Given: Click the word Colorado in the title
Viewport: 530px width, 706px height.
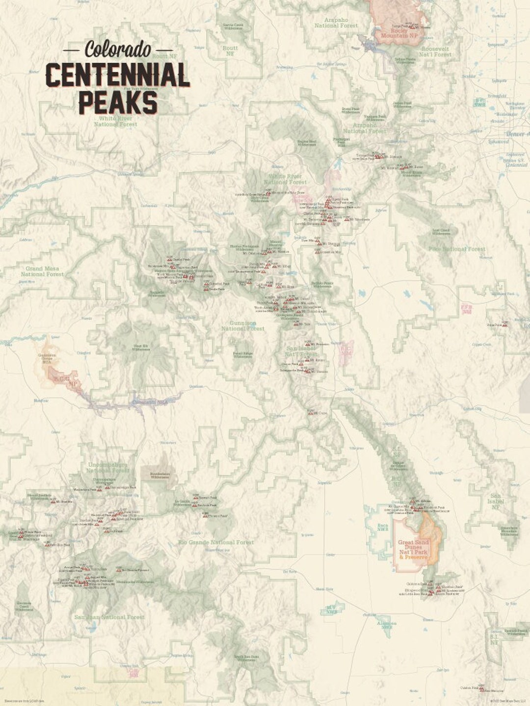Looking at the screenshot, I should [118, 50].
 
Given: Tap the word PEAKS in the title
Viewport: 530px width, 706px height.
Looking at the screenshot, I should [118, 102].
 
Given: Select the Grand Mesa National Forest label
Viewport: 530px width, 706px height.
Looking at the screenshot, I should [42, 272].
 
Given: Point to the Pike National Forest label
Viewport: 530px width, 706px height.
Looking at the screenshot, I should [457, 249].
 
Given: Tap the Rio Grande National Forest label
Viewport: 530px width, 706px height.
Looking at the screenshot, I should [216, 543].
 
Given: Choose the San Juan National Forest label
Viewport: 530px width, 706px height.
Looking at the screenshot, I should [109, 617].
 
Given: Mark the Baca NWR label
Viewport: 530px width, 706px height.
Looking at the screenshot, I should [383, 528].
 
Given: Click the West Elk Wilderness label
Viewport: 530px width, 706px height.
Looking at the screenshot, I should [140, 348].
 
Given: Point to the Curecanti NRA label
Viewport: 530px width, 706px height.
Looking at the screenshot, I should [150, 402].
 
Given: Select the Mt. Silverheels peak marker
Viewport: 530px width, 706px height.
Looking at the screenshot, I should [346, 219].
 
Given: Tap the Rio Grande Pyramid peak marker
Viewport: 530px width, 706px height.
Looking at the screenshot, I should [118, 570].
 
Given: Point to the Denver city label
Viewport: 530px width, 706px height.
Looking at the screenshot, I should [515, 134].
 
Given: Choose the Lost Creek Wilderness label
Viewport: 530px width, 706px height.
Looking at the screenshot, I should [441, 232].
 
